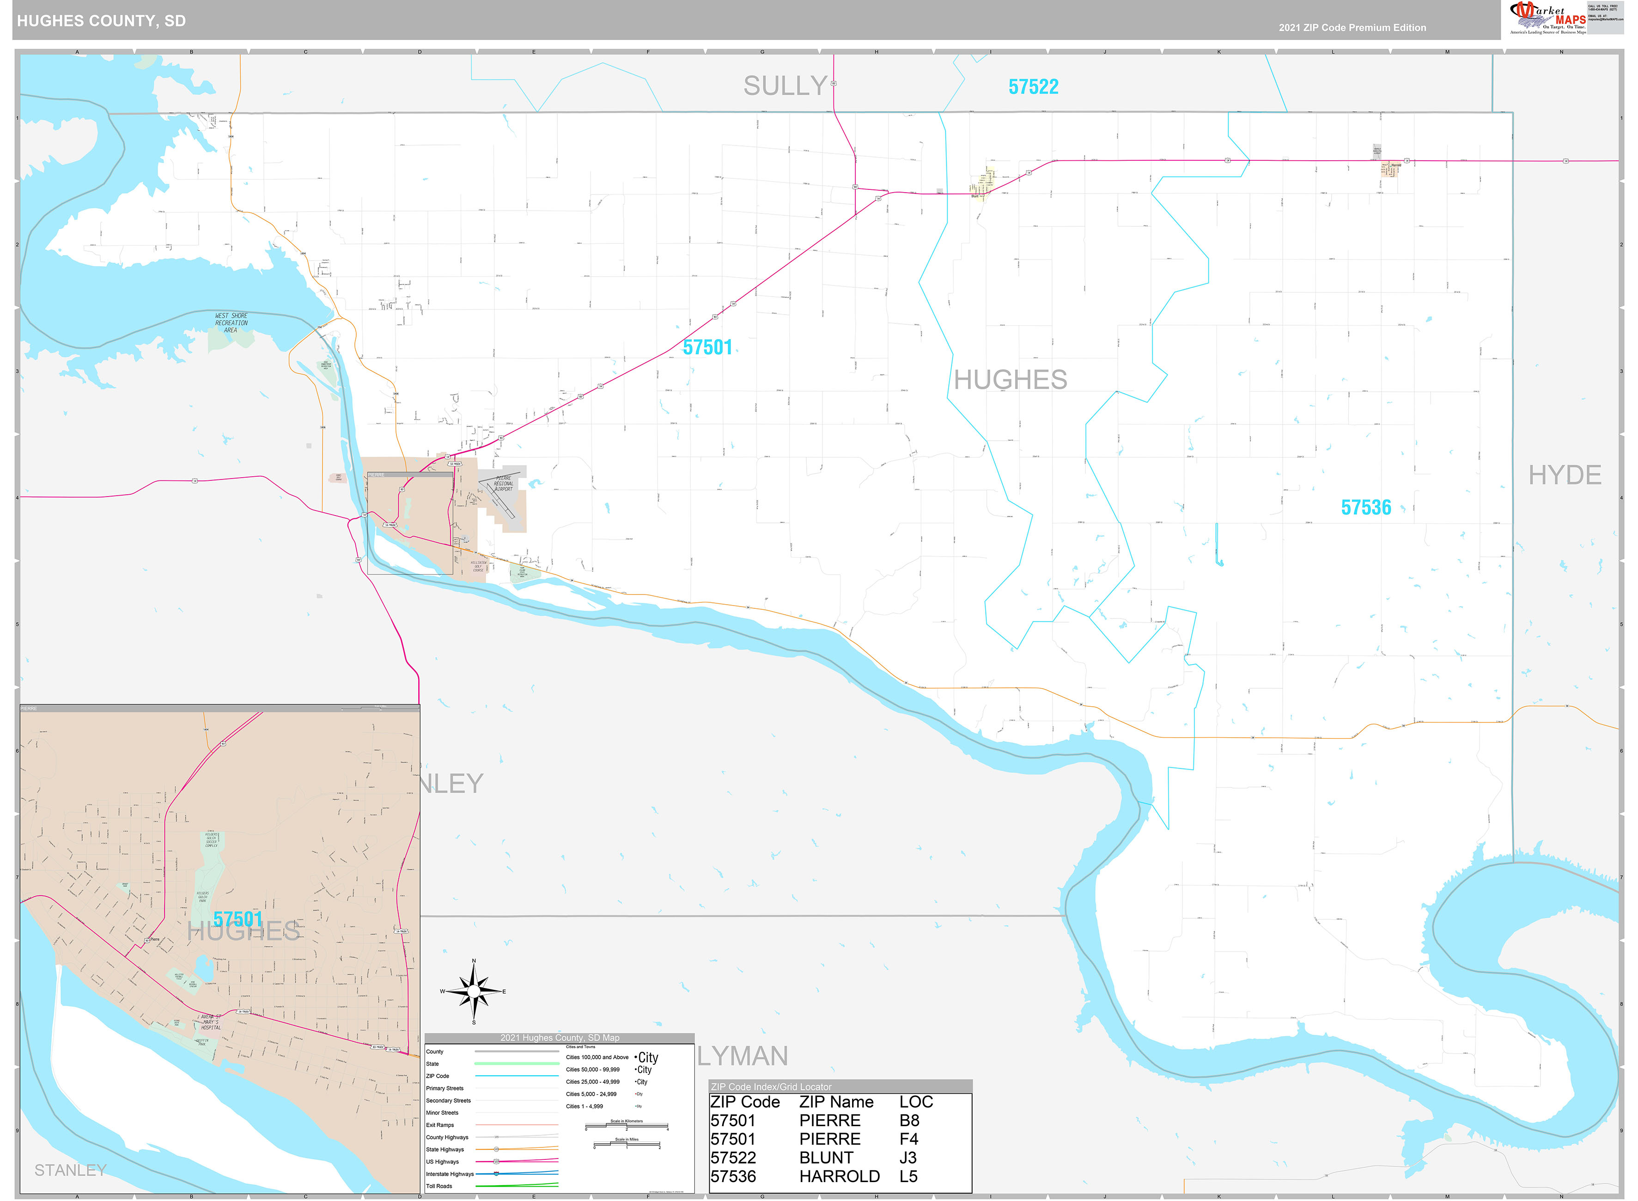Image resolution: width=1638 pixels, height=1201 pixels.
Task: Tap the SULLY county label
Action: tap(785, 86)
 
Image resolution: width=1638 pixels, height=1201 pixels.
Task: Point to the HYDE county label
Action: tap(1564, 475)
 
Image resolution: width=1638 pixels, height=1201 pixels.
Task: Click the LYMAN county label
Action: tap(743, 1055)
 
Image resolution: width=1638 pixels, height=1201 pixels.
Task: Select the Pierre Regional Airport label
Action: tap(503, 484)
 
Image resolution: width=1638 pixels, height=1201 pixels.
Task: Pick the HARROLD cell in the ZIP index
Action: tap(839, 1176)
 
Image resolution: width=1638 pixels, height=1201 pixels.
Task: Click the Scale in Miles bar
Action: tap(626, 1145)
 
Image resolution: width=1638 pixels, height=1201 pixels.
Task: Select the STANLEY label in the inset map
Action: tap(71, 1170)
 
